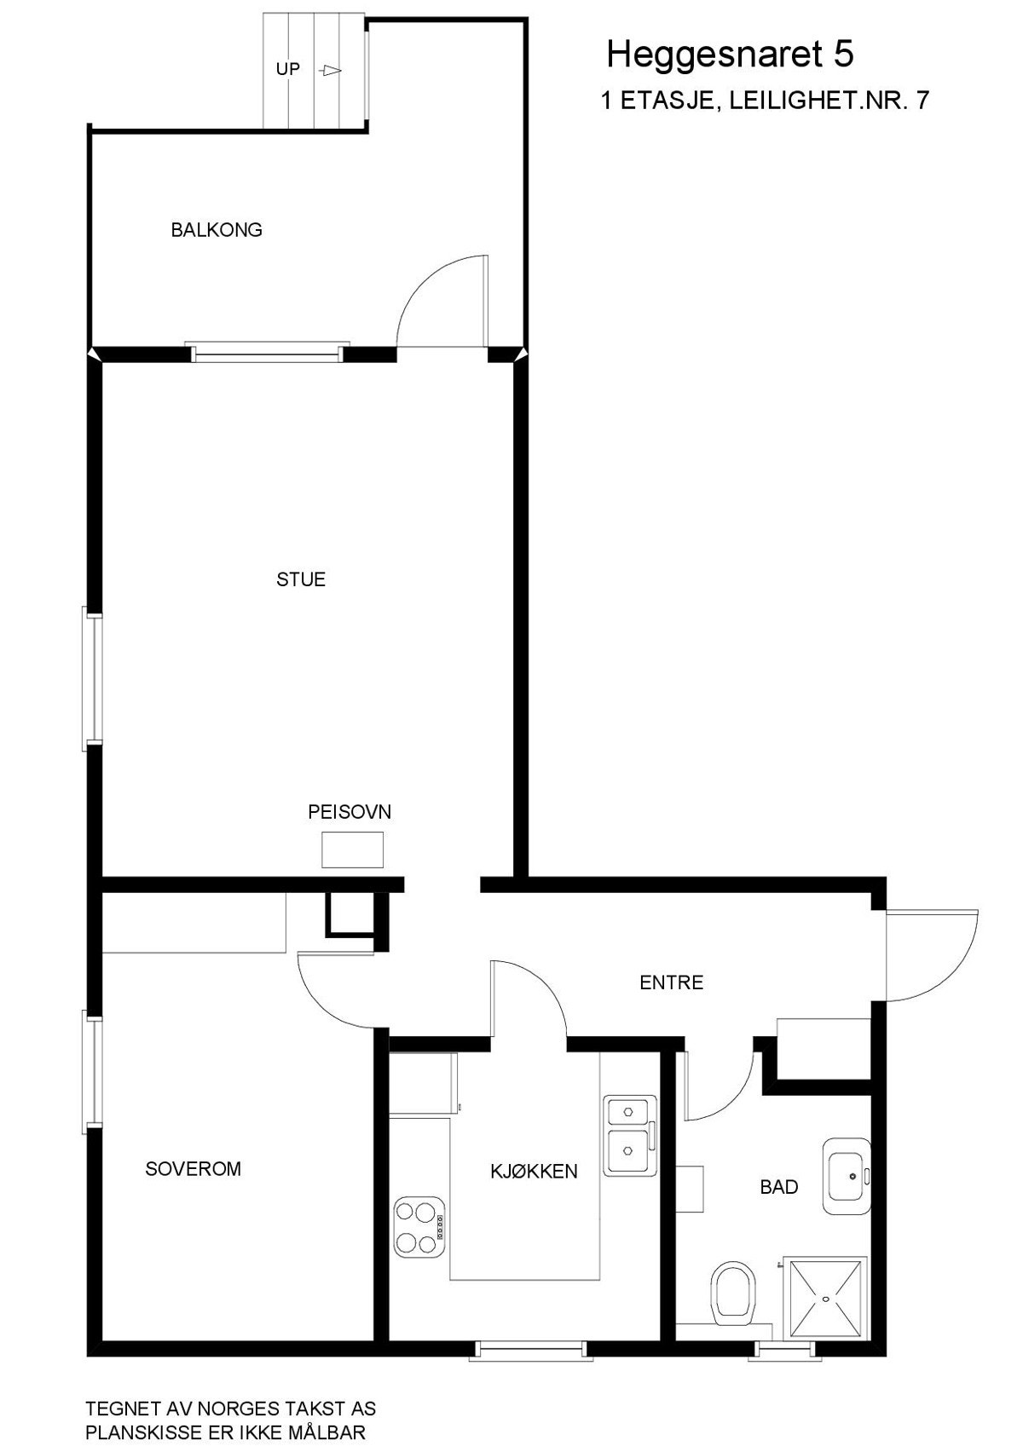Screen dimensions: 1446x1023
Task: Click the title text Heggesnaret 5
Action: [730, 55]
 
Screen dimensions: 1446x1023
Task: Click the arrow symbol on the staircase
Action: [332, 71]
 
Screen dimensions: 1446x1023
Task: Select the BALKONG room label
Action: [217, 230]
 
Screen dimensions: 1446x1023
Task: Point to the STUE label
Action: [301, 580]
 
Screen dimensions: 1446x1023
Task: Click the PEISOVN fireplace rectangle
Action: [352, 850]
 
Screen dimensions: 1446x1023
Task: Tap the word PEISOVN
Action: [350, 812]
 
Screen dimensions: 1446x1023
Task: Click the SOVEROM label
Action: [194, 1169]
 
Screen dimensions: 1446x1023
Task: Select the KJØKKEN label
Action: [534, 1172]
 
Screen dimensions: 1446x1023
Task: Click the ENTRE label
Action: [672, 983]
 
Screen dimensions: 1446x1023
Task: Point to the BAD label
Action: [779, 1187]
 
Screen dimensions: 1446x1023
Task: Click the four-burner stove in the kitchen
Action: [419, 1227]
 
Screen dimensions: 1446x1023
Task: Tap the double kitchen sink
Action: [629, 1136]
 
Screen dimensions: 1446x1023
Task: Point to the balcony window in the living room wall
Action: [269, 353]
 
